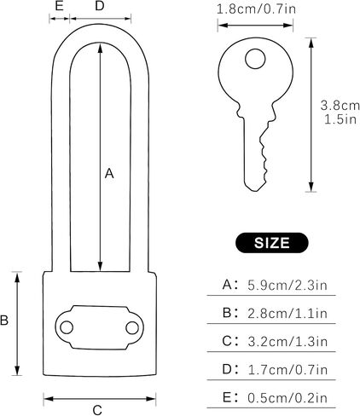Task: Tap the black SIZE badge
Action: [x=272, y=243]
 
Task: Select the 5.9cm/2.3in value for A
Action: [x=287, y=285]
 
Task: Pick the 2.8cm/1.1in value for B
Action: [x=287, y=313]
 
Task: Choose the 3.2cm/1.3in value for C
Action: [x=287, y=341]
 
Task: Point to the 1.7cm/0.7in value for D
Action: [x=287, y=369]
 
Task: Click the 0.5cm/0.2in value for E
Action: [x=287, y=398]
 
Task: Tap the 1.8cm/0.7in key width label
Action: [x=256, y=9]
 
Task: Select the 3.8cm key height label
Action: [x=340, y=106]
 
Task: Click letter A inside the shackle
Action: [x=109, y=173]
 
